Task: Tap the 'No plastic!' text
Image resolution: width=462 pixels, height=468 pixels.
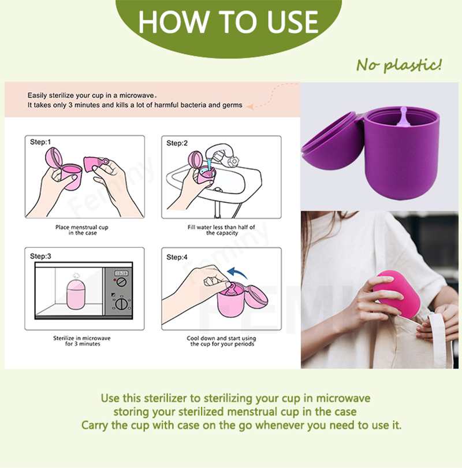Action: tap(398, 64)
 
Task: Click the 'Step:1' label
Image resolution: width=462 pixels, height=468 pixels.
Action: tap(40, 142)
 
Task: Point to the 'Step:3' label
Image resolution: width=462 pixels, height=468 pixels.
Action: tap(40, 255)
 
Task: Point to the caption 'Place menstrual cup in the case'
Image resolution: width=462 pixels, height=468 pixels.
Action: tap(81, 230)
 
